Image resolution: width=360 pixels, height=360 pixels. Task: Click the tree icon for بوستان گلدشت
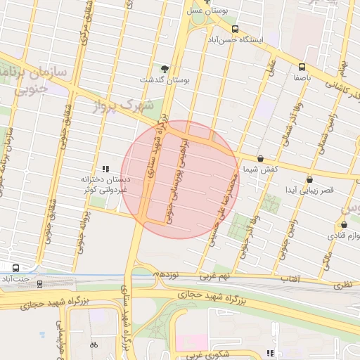[165, 68]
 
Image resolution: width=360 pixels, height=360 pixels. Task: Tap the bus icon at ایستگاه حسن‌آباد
[234, 30]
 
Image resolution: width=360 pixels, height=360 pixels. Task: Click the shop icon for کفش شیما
[261, 159]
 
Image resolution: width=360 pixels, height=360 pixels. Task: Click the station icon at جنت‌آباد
[15, 268]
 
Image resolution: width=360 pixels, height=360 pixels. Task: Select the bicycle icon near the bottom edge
[94, 345]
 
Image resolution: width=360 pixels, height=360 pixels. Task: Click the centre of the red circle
[181, 180]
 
